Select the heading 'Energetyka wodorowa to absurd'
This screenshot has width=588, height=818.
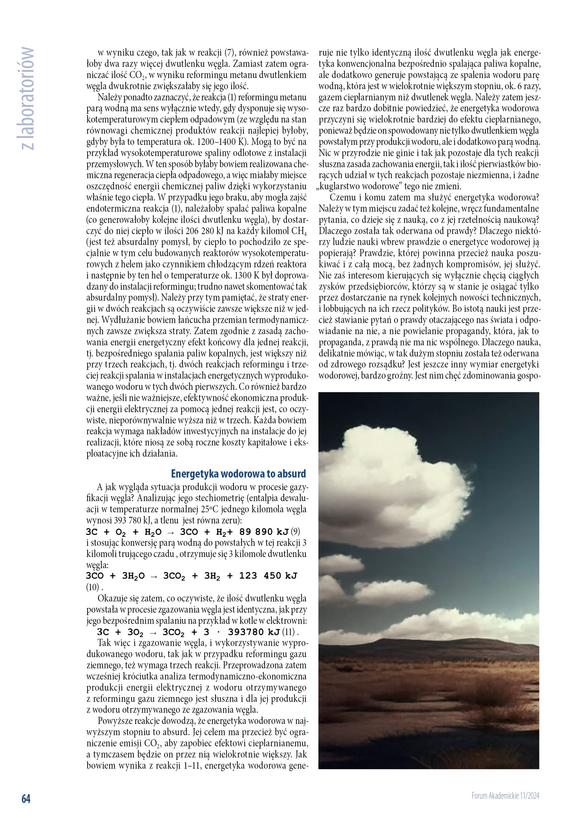point(238,473)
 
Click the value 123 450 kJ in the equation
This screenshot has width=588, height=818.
point(268,575)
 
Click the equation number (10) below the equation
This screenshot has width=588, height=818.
point(93,587)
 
